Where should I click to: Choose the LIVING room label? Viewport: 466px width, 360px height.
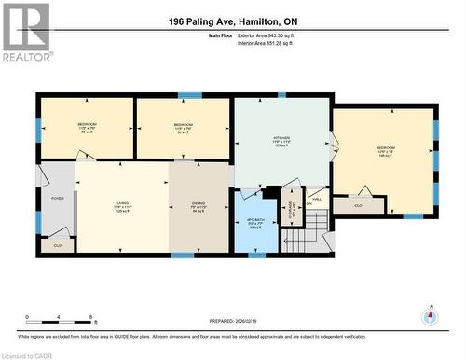(x=122, y=204)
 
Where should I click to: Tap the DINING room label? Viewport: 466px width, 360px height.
(x=199, y=204)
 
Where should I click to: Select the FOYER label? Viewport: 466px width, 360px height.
(x=57, y=199)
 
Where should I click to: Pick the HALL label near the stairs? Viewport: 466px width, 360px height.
(x=316, y=199)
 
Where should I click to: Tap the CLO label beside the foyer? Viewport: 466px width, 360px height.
(x=58, y=245)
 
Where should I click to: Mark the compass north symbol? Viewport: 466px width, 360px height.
(x=430, y=317)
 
